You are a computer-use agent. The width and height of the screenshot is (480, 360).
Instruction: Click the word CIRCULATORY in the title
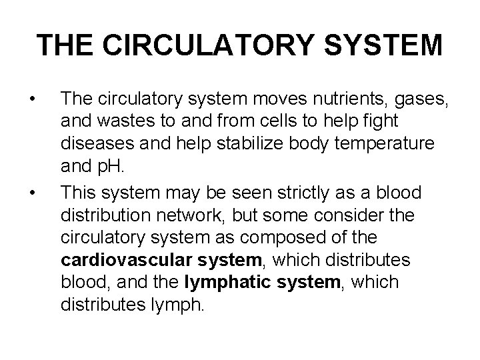(x=227, y=45)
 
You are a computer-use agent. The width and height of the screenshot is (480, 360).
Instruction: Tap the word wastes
(x=125, y=123)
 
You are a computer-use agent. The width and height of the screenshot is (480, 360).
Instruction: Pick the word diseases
(x=95, y=145)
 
